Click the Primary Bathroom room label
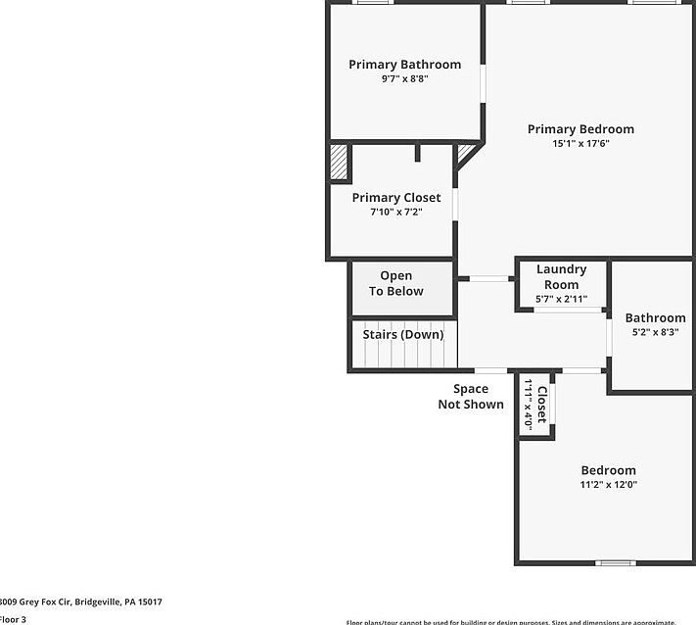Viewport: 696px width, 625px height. (404, 65)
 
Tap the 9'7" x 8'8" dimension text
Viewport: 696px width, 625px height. (404, 79)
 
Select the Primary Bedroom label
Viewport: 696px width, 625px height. (580, 128)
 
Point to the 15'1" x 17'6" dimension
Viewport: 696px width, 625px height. (580, 144)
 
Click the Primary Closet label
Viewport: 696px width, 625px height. (396, 197)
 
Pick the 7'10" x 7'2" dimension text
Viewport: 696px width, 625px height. (396, 212)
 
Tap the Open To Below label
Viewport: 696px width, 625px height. (396, 283)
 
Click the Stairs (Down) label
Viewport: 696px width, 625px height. (403, 334)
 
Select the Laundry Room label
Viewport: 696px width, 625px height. (561, 276)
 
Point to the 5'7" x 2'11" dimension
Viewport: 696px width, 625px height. (561, 299)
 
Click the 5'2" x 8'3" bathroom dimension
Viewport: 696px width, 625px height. (655, 332)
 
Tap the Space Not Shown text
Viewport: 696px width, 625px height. (471, 397)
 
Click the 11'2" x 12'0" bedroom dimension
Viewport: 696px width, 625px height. (608, 485)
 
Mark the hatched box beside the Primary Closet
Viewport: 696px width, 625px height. (339, 164)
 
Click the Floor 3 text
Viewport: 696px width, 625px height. (14, 619)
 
